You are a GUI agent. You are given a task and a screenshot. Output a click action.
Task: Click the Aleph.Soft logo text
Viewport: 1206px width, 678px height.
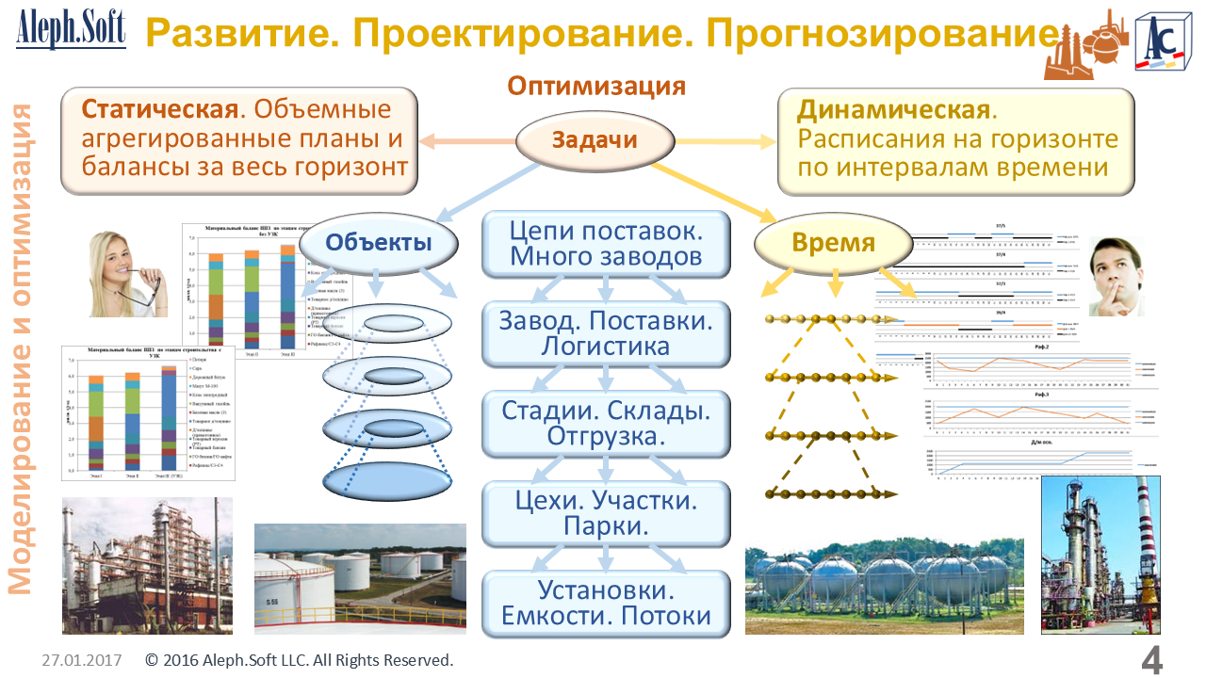[x=71, y=30]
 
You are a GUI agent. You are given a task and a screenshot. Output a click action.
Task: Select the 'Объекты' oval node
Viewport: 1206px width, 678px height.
[x=379, y=243]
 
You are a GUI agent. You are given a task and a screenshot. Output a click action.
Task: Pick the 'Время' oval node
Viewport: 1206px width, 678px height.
[x=834, y=243]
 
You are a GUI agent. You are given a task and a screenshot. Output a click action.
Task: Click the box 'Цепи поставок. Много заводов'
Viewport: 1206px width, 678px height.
[x=606, y=243]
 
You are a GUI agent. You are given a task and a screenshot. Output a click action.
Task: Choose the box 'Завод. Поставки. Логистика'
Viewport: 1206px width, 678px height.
[x=606, y=333]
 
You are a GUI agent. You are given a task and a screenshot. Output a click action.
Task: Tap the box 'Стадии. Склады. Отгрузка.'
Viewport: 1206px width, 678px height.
[x=606, y=424]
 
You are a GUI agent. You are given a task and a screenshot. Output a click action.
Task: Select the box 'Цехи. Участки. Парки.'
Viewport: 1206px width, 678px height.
[x=606, y=513]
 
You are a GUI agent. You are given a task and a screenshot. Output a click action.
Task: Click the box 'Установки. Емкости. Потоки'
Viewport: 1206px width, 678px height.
[x=606, y=604]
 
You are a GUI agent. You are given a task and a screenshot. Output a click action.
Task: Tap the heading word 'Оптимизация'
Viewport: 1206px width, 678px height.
[x=596, y=86]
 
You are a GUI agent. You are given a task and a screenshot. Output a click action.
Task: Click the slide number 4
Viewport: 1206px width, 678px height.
[x=1151, y=661]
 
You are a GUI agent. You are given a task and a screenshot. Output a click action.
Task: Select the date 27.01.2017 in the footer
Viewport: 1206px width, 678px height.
[x=82, y=660]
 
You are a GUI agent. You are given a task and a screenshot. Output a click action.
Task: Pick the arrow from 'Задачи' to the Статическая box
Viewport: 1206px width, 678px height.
[x=466, y=142]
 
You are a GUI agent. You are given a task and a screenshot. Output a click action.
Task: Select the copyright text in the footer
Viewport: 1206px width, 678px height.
[x=300, y=660]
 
